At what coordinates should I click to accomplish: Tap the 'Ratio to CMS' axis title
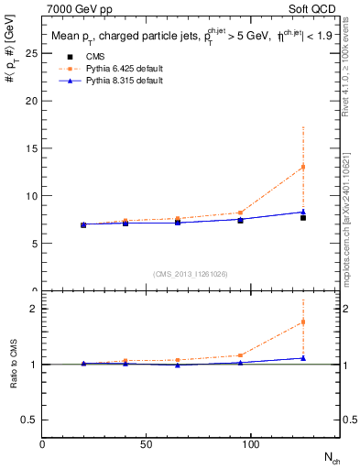pyautogui.click(x=13, y=377)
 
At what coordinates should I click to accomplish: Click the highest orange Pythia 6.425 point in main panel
pyautogui.click(x=302, y=167)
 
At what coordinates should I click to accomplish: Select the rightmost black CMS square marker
pyautogui.click(x=302, y=217)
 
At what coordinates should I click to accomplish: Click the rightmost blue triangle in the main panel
pyautogui.click(x=302, y=212)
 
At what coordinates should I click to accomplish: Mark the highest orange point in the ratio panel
pyautogui.click(x=302, y=322)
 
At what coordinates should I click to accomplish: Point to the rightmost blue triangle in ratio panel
pyautogui.click(x=302, y=358)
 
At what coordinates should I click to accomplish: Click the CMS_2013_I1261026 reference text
pyautogui.click(x=190, y=274)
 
